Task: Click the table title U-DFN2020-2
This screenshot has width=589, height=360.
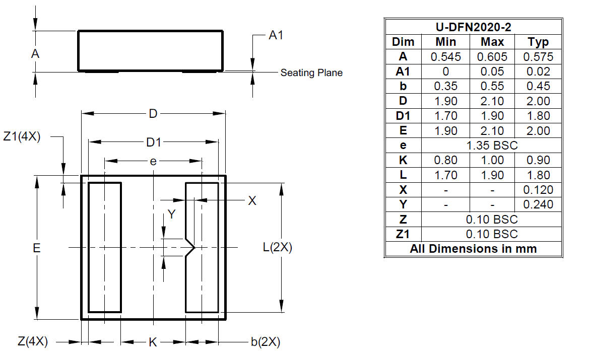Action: pyautogui.click(x=473, y=27)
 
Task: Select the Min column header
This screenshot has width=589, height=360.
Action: pyautogui.click(x=445, y=42)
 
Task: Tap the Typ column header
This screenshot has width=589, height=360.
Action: pyautogui.click(x=538, y=42)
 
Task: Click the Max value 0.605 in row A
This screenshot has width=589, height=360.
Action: pyautogui.click(x=492, y=56)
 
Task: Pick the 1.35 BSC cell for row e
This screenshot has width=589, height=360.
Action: pyautogui.click(x=492, y=146)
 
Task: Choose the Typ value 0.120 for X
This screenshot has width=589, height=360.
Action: pyautogui.click(x=538, y=190)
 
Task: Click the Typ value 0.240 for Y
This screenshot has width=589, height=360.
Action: pyautogui.click(x=538, y=204)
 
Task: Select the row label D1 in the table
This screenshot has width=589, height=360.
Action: pyautogui.click(x=403, y=116)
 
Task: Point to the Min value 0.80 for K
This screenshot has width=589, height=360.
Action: pyautogui.click(x=445, y=160)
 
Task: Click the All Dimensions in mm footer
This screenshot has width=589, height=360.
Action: pyautogui.click(x=473, y=249)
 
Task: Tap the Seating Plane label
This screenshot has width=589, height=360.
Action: pyautogui.click(x=311, y=73)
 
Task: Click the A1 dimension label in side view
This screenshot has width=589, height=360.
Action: pyautogui.click(x=276, y=36)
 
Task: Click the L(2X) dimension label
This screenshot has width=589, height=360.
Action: pyautogui.click(x=277, y=248)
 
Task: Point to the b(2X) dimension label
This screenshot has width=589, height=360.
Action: pyautogui.click(x=266, y=342)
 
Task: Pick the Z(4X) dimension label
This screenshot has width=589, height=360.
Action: pyautogui.click(x=33, y=342)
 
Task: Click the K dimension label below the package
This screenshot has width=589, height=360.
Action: pyautogui.click(x=153, y=342)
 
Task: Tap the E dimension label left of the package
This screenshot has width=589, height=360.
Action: pyautogui.click(x=37, y=248)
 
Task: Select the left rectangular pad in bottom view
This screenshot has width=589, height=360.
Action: pyautogui.click(x=105, y=247)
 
